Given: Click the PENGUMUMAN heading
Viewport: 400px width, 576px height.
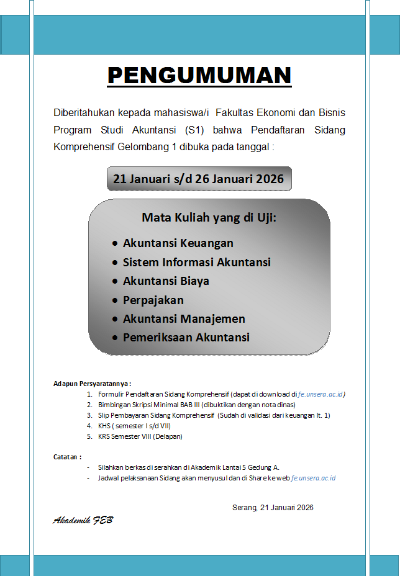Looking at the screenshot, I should [x=199, y=76].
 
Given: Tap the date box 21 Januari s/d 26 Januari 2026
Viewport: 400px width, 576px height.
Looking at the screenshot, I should [x=198, y=179].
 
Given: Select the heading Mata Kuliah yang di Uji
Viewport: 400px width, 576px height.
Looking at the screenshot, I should [x=209, y=218].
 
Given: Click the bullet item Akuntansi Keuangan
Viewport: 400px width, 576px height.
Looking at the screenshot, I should [x=178, y=243].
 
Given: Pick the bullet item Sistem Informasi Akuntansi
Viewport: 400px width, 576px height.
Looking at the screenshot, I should [x=196, y=262].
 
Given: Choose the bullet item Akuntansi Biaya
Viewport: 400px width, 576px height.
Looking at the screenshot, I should [x=166, y=281].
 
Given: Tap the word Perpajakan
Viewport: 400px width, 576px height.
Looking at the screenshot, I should [x=153, y=300].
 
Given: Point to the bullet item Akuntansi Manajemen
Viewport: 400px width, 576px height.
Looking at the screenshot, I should [x=184, y=318].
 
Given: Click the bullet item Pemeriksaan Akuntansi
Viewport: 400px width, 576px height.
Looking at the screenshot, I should [x=186, y=338].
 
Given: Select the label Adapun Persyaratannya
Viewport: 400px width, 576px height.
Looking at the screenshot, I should [x=92, y=384].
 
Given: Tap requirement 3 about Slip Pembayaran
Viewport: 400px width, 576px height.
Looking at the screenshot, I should [x=214, y=415].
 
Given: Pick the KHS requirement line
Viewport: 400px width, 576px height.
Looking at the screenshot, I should [x=134, y=426].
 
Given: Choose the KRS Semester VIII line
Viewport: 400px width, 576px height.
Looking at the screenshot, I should [x=140, y=436].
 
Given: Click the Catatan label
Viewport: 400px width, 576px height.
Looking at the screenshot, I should [x=67, y=457].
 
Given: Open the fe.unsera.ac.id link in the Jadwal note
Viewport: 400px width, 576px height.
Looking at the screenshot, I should [x=314, y=478].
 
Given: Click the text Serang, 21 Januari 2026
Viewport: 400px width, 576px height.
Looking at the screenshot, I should [x=273, y=507].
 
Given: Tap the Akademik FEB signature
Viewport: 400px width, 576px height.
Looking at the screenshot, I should [x=83, y=520].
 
